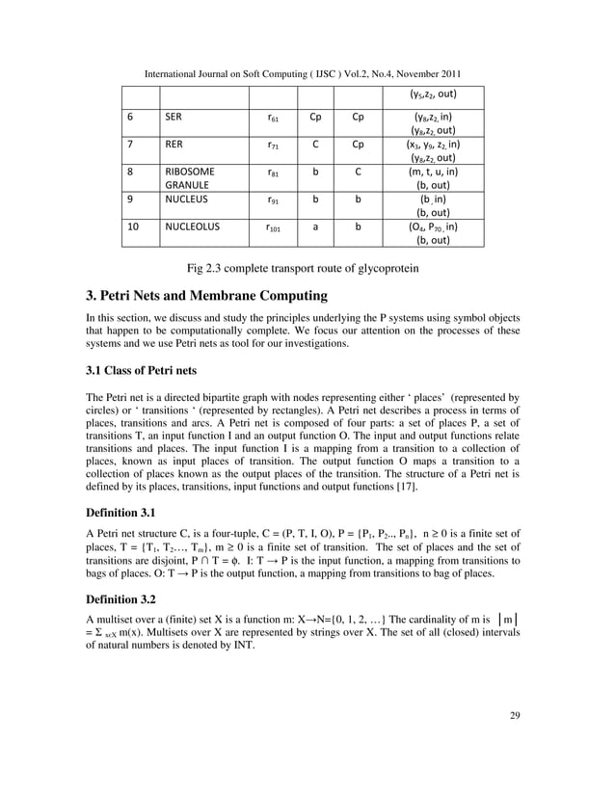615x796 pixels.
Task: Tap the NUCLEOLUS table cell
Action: point(193,227)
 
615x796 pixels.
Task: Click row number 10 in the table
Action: point(134,227)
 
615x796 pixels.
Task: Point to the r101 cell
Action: point(273,228)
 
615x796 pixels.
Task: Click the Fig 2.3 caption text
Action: point(307,266)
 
